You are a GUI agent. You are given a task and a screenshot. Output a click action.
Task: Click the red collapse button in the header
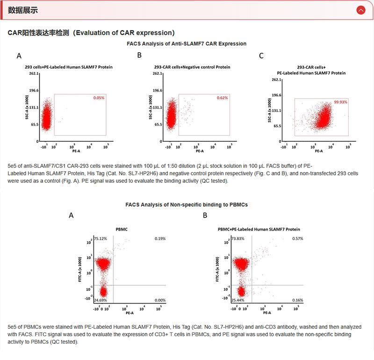point(360,10)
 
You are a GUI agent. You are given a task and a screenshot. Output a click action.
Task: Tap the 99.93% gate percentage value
point(340,102)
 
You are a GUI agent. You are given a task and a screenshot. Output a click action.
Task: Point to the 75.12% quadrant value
point(101,238)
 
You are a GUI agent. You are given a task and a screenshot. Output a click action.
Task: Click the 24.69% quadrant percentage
point(101,300)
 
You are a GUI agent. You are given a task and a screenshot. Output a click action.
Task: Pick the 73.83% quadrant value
point(238,238)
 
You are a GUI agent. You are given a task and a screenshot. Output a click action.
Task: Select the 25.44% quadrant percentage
point(238,300)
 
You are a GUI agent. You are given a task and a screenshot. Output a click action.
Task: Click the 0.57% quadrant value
point(298,238)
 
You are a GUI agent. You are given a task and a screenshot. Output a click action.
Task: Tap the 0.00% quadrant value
point(160,300)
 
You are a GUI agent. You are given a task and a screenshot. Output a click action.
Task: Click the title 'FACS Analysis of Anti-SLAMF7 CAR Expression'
point(187,43)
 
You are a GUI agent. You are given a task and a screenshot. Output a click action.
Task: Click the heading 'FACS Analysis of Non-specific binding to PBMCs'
point(187,205)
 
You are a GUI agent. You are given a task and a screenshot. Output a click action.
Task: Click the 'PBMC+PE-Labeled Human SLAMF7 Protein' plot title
point(259,229)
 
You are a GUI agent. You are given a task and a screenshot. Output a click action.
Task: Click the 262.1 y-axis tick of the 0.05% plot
point(33,73)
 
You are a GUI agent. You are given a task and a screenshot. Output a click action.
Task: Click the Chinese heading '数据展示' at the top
point(23,10)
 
